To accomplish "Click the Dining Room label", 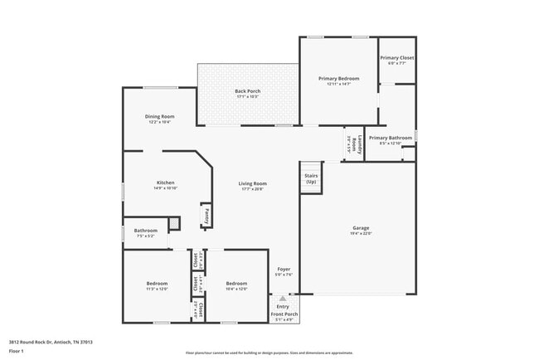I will (160, 117).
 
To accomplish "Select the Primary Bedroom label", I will (338, 78).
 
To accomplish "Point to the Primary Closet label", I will (397, 58).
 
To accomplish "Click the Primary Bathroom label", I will (390, 138).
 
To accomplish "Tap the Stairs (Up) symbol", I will (311, 178).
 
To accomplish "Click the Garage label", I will (361, 227).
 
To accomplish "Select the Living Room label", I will (253, 183).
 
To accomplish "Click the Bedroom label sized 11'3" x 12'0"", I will (157, 283).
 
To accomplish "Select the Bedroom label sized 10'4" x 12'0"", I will (237, 283).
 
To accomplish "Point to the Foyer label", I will (284, 270).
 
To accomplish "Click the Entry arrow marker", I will (283, 298).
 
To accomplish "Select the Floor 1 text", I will (17, 351).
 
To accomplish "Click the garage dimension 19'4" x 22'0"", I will (361, 233).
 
